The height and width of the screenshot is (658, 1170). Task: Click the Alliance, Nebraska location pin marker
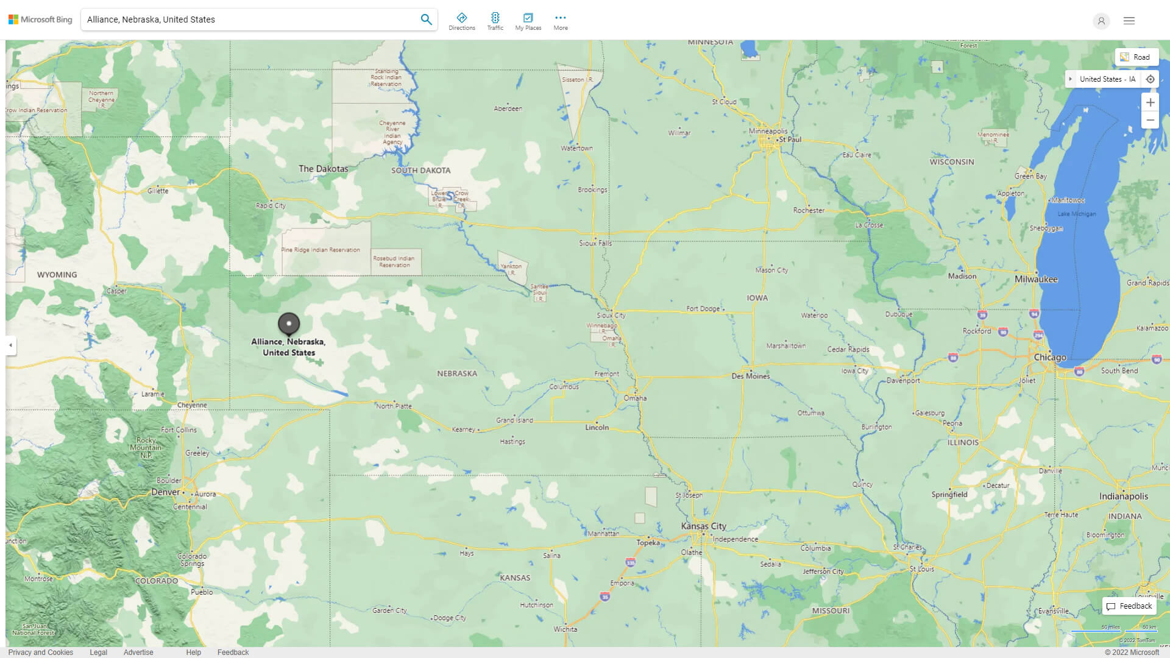[x=289, y=324]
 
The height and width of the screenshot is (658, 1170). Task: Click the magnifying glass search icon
[x=426, y=19]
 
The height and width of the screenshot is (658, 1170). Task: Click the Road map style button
[x=1136, y=57]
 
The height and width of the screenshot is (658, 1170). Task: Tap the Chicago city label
[x=1049, y=358]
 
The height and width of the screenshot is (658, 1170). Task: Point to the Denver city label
[x=165, y=492]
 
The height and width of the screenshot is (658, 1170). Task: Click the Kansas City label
[x=703, y=526]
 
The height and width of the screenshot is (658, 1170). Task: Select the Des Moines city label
[x=750, y=376]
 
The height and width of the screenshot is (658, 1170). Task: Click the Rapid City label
[x=271, y=205]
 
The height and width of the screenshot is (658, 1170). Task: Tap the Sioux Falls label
[x=595, y=243]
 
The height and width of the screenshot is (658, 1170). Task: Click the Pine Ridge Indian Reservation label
[x=320, y=250]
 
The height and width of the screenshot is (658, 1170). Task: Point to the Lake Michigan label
[x=1076, y=214]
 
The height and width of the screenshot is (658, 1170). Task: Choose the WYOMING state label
[x=57, y=275]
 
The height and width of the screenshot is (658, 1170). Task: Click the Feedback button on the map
[x=1129, y=606]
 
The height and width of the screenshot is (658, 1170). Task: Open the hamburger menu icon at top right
[x=1129, y=21]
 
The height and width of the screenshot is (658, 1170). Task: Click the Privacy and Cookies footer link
[x=40, y=652]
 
